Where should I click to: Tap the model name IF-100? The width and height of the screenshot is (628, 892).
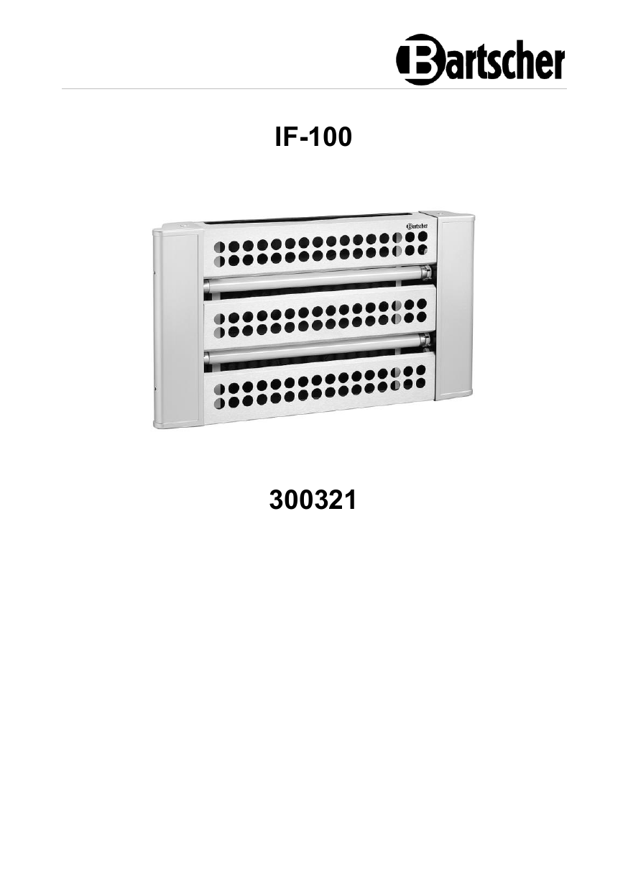pos(313,137)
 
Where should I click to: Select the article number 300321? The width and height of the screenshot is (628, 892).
pos(313,500)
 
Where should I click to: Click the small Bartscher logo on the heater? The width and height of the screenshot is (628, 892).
pos(417,226)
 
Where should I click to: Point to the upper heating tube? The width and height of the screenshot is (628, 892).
pos(317,279)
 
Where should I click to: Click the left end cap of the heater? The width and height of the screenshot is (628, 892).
pos(176,327)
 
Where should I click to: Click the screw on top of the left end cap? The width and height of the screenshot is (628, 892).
pos(182,226)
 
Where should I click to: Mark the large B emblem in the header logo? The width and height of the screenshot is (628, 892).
pos(418,60)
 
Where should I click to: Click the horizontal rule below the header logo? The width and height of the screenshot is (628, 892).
pos(314,88)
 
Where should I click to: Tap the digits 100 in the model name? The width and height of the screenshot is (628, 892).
pos(331,137)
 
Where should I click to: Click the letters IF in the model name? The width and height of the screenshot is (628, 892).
pos(286,137)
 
